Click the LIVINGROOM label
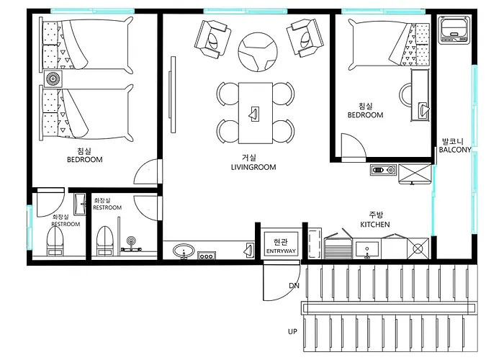[253, 167]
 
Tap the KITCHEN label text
[375, 225]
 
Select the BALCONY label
[455, 150]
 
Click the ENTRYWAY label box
[281, 244]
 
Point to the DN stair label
[294, 285]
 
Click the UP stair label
[292, 331]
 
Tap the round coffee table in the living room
[258, 52]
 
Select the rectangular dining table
[256, 113]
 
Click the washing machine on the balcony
[454, 30]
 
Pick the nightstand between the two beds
[53, 78]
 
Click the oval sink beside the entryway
[184, 251]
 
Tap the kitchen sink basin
[366, 249]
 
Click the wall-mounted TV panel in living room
[173, 94]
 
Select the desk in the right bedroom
[420, 95]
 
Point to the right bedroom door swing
[354, 147]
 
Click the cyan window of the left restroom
[30, 228]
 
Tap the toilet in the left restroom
[55, 241]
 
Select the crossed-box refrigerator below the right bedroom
[415, 174]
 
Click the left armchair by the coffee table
[212, 39]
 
